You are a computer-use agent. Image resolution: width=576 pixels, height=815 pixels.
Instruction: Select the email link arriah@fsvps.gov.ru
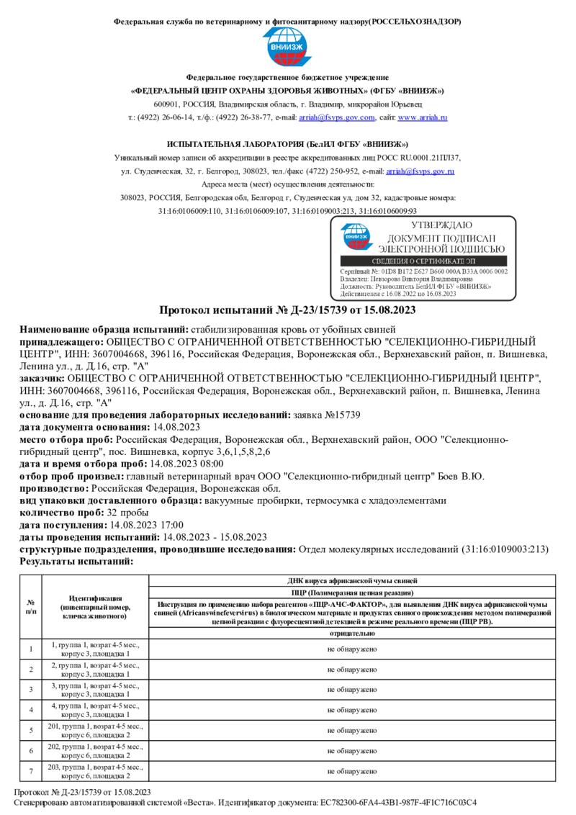pos(420,171)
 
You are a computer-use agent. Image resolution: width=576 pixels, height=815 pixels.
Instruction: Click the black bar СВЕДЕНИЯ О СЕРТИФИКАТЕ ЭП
pos(423,260)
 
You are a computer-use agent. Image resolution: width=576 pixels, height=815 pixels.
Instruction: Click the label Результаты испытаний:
pos(76,561)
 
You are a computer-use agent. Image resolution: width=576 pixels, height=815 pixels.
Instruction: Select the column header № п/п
pos(31,607)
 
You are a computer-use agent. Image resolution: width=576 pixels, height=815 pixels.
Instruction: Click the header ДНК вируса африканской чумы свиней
pos(351,580)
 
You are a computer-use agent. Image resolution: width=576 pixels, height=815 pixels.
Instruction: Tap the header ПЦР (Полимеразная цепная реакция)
pos(351,592)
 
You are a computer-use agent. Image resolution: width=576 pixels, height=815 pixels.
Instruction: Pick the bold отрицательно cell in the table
pos(351,634)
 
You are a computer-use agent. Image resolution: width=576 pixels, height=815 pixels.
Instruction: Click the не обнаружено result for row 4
pos(351,710)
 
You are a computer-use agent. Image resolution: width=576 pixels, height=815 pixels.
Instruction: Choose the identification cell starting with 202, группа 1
pos(95,750)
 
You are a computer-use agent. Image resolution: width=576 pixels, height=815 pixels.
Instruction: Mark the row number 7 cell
pos(31,770)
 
